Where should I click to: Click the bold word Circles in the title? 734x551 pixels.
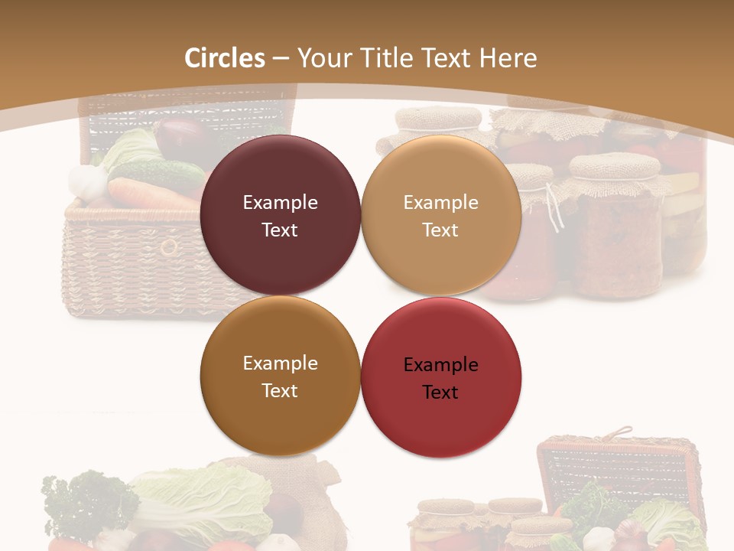point(225,58)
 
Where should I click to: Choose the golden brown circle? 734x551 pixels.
point(280,413)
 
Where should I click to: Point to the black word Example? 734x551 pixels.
point(440,365)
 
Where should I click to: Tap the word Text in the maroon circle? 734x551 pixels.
point(280,230)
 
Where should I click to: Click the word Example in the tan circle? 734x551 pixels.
point(440,203)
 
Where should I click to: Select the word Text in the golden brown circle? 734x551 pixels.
point(280,390)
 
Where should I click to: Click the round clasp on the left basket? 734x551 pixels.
point(168,246)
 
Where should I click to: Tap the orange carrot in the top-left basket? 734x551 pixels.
point(149,194)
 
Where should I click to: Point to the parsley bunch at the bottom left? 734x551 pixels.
point(84,501)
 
